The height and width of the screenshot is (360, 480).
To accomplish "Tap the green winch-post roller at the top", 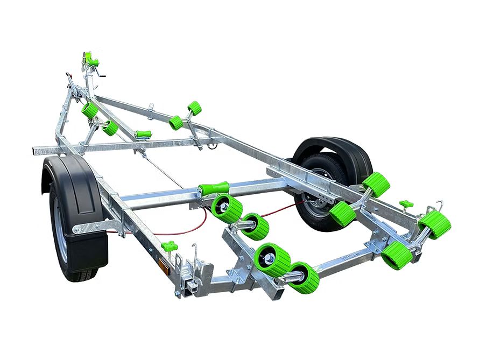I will [x=88, y=57].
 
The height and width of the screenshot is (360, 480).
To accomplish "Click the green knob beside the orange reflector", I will [x=169, y=246].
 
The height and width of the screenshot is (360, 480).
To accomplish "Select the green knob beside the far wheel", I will [x=406, y=205].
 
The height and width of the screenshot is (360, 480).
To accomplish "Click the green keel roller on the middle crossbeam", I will [x=213, y=189].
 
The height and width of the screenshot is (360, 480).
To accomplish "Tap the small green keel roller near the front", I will [x=143, y=134].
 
